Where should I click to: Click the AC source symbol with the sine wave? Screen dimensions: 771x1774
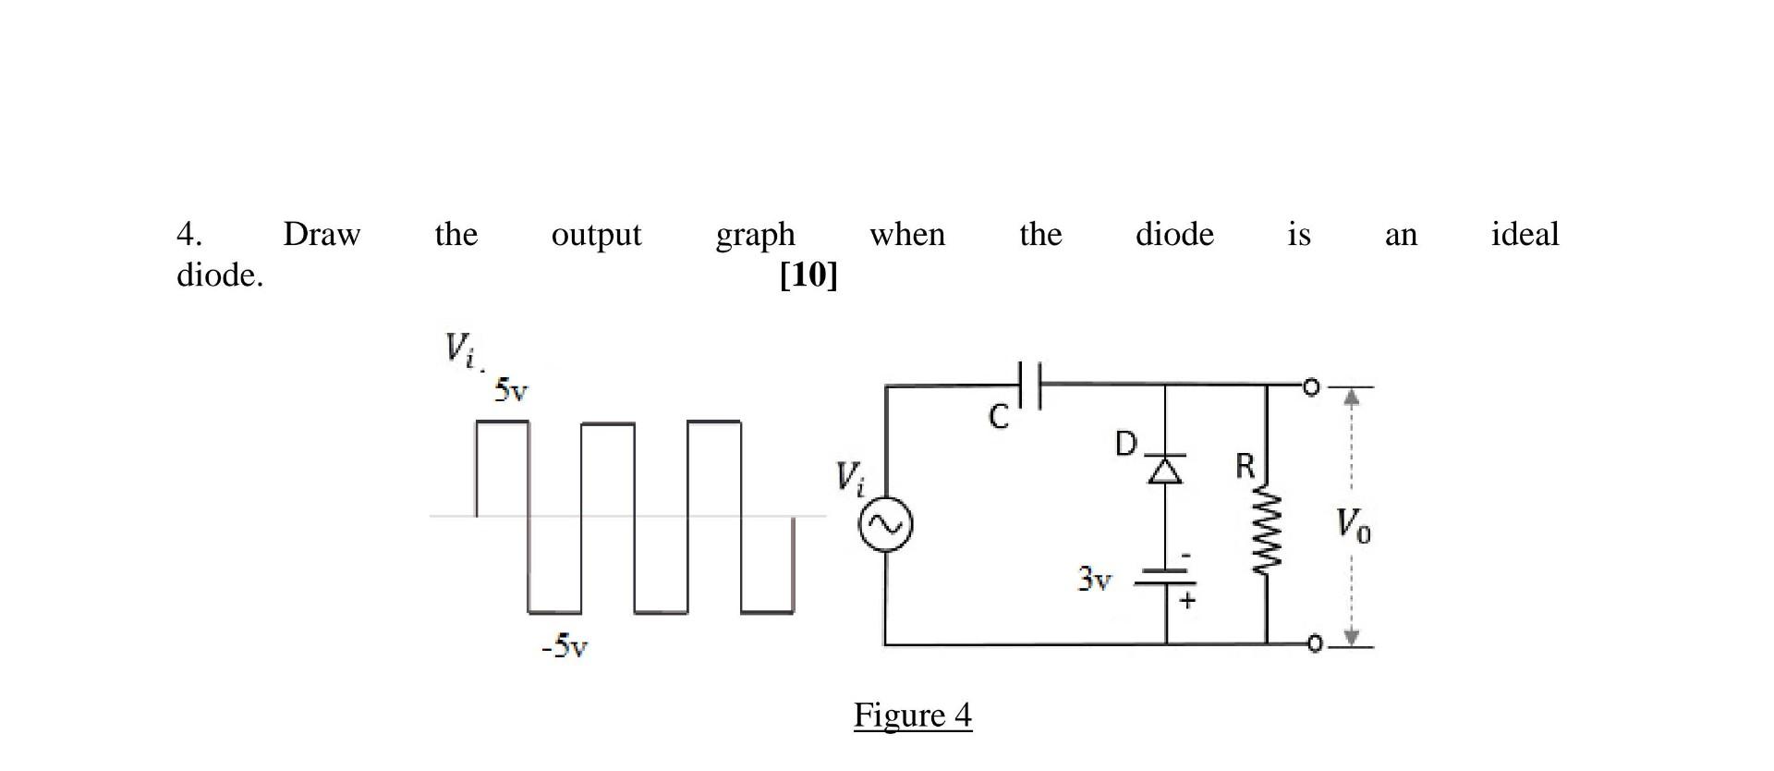(885, 525)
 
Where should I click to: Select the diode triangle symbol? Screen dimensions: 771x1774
(1165, 471)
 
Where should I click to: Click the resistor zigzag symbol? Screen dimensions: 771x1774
(1267, 533)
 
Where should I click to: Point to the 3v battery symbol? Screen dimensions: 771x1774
(1165, 578)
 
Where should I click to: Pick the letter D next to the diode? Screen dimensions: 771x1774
(1124, 444)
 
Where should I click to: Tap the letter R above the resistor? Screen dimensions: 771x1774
(1245, 466)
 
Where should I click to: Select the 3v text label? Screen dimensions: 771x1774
(1095, 580)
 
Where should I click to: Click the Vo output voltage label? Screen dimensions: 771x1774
(1353, 525)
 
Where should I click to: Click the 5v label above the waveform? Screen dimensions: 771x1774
(511, 390)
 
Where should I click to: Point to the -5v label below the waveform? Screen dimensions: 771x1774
(565, 645)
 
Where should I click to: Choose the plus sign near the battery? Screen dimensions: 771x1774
(1187, 600)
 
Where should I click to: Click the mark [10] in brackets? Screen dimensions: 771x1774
(808, 275)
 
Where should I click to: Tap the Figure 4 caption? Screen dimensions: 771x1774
(912, 715)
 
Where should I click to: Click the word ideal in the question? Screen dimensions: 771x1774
(1525, 234)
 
